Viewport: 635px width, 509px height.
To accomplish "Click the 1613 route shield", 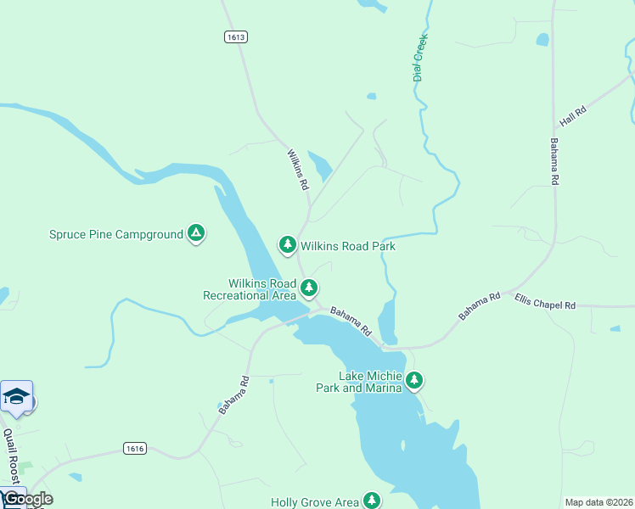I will tap(236, 36).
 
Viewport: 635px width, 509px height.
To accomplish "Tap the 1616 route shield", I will tap(134, 448).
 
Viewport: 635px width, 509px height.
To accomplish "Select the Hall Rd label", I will tap(573, 112).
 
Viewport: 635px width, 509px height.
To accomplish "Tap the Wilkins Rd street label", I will tap(297, 170).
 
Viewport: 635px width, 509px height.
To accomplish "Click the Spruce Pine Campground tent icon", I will tap(196, 232).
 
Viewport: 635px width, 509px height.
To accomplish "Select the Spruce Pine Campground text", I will tap(116, 234).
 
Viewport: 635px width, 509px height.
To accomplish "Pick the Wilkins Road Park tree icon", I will tap(288, 244).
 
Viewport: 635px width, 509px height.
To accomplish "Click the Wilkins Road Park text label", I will tap(348, 246).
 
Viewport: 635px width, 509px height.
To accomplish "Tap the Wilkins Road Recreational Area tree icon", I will tap(310, 288).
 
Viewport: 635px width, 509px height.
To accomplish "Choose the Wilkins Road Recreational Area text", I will tap(250, 289).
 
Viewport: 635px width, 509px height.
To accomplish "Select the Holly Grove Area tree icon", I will tap(372, 501).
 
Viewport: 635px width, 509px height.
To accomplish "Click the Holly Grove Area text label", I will tap(314, 502).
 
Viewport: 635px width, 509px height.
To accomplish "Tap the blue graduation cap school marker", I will tap(16, 397).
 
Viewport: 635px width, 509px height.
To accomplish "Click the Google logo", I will tap(27, 499).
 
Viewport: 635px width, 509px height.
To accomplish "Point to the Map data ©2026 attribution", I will tap(598, 502).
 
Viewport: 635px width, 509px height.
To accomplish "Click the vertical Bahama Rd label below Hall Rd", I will tap(554, 161).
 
